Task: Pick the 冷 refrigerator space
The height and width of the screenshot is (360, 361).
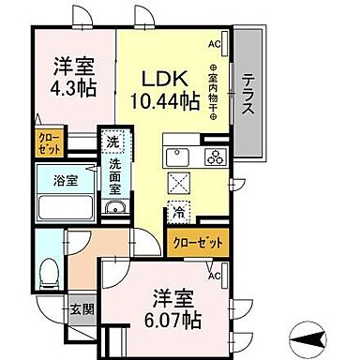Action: coord(177,212)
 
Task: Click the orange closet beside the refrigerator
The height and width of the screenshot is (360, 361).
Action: coord(199,243)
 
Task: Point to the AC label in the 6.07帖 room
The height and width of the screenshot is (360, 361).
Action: coord(214,277)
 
